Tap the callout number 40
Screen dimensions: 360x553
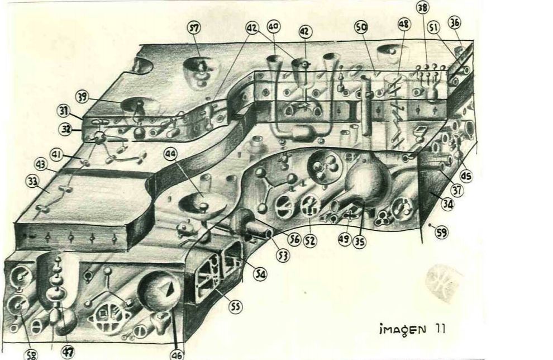point(273,27)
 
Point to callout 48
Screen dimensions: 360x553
point(403,24)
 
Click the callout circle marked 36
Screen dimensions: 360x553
point(455,23)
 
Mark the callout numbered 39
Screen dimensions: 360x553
point(83,97)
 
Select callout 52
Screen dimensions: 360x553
point(310,241)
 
